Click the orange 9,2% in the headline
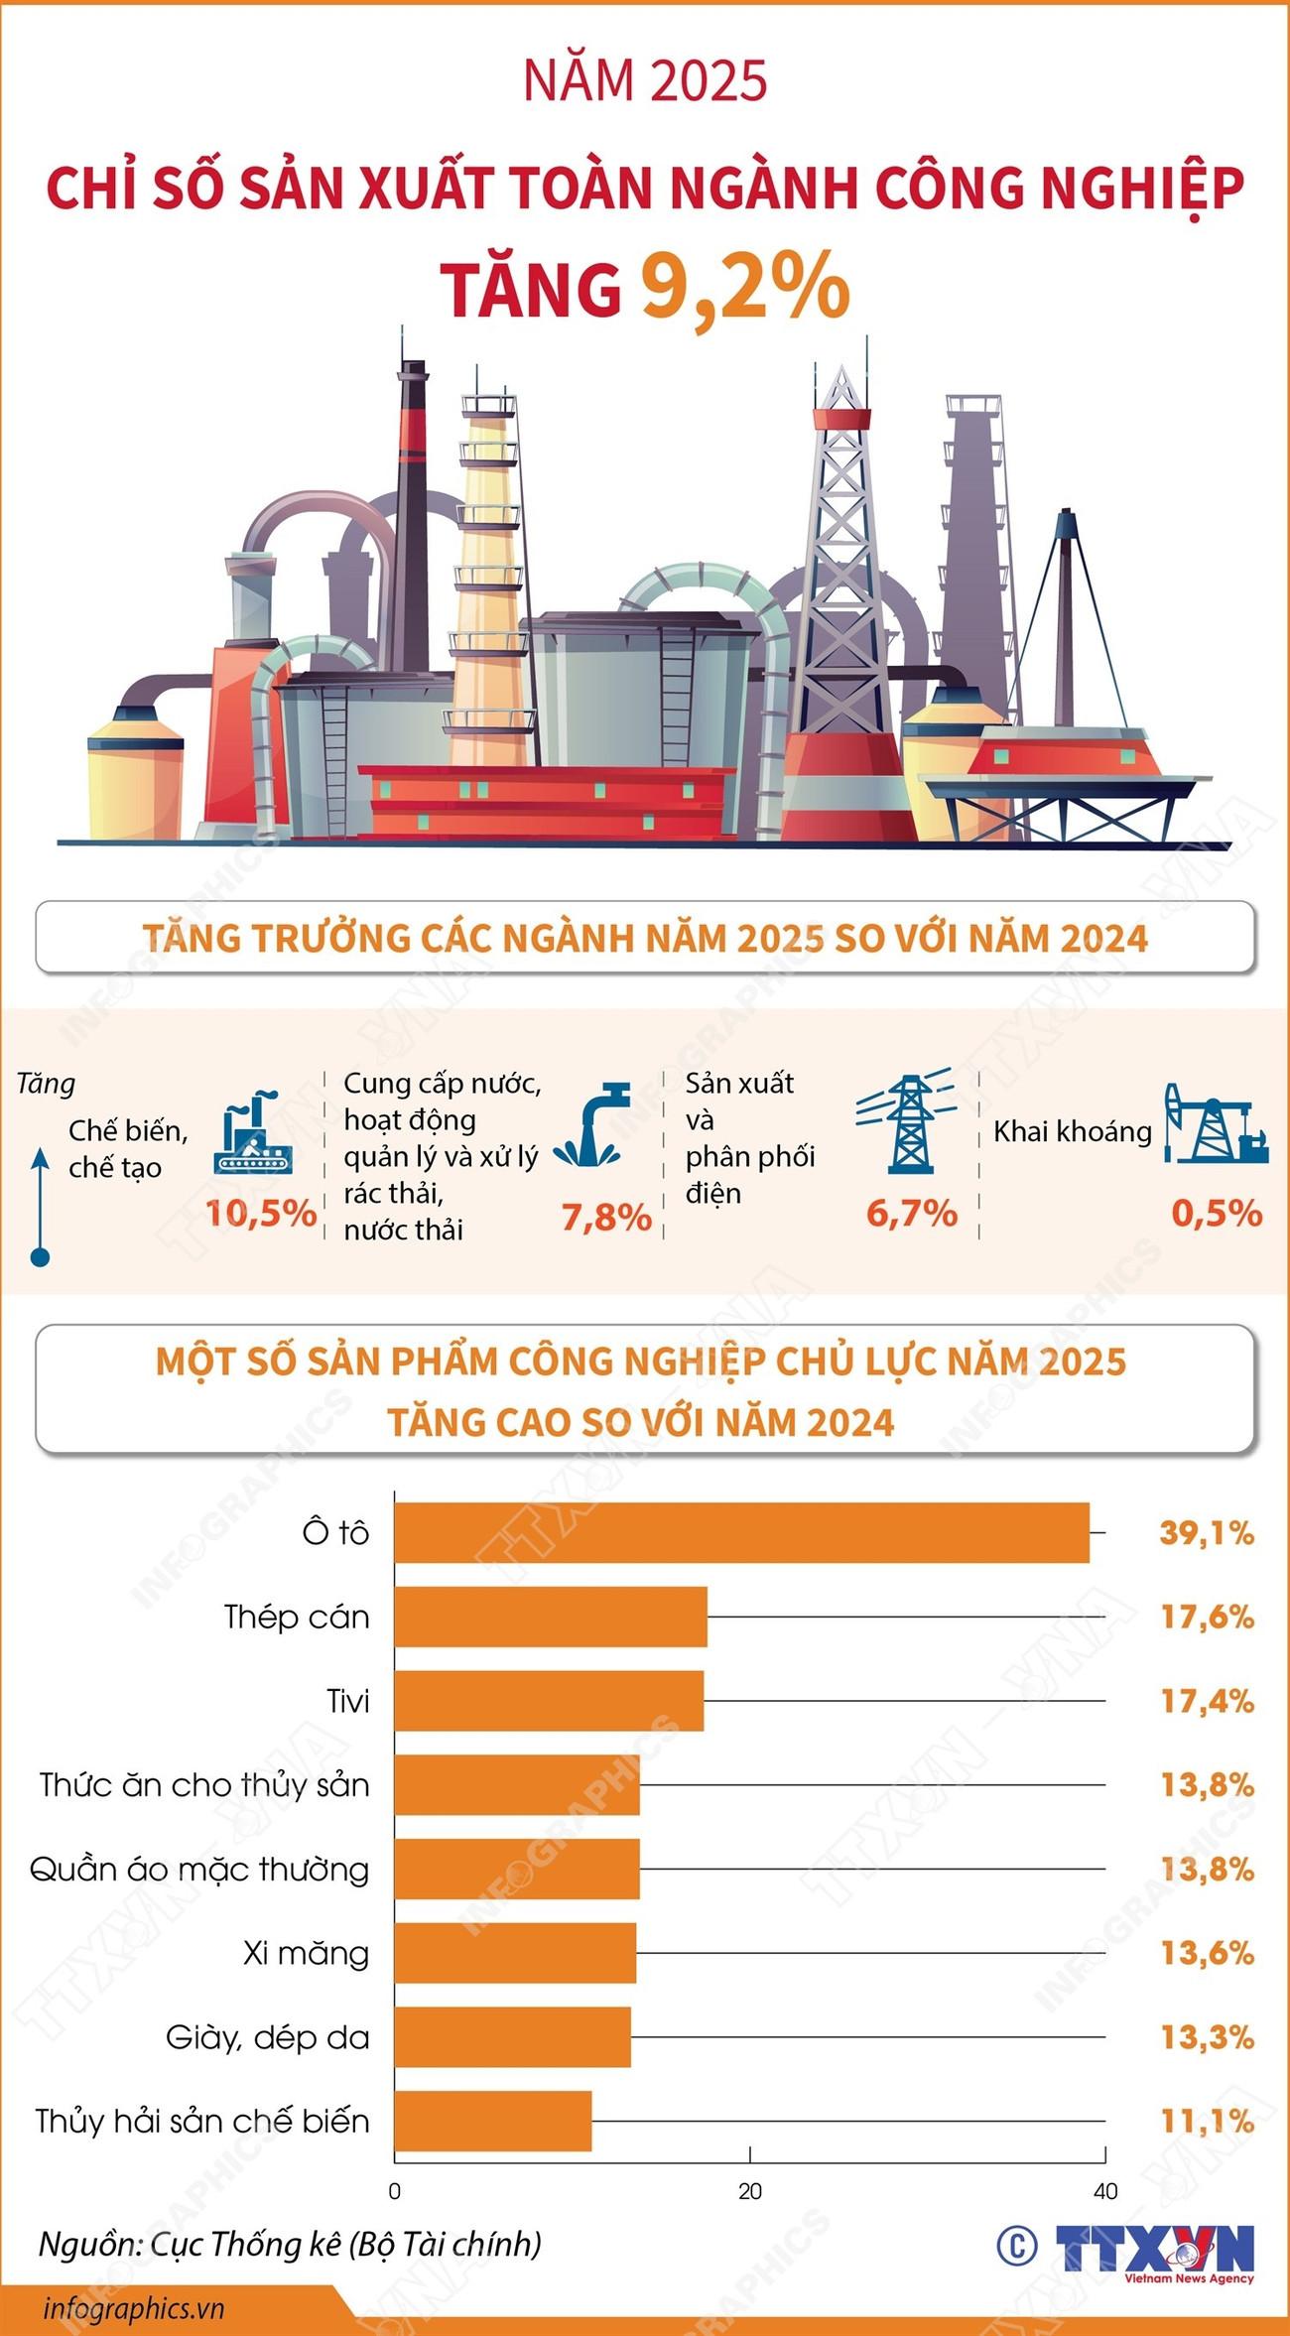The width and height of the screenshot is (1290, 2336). pos(744,288)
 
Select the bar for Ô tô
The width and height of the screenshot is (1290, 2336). pos(741,1533)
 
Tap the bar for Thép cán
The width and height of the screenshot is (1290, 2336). pos(551,1617)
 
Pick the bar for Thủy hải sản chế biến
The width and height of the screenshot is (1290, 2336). pos(493,2122)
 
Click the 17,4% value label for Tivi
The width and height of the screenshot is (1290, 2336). pos(1208,1701)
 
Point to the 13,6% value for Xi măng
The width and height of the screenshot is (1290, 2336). pos(1208,1953)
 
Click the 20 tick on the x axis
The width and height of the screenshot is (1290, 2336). pos(750,2191)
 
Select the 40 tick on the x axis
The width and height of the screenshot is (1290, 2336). pos(1104,2191)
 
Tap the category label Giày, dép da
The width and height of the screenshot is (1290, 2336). pos(268,2037)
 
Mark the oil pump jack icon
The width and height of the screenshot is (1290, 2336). pos(1215,1124)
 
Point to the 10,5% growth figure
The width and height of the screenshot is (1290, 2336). pos(261,1213)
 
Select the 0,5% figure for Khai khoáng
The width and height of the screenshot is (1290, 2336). pos(1217,1213)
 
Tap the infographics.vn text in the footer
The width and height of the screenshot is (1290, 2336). pos(134,2308)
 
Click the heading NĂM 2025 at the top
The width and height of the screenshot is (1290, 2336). pos(645,81)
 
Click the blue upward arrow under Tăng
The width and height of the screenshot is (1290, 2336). pos(41,1206)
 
